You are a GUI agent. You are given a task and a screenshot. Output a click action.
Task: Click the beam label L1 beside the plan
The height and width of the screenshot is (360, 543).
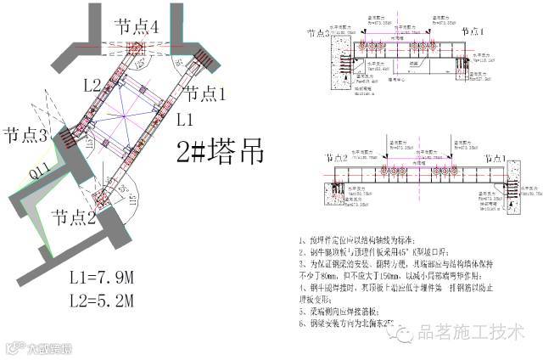[187, 121]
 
